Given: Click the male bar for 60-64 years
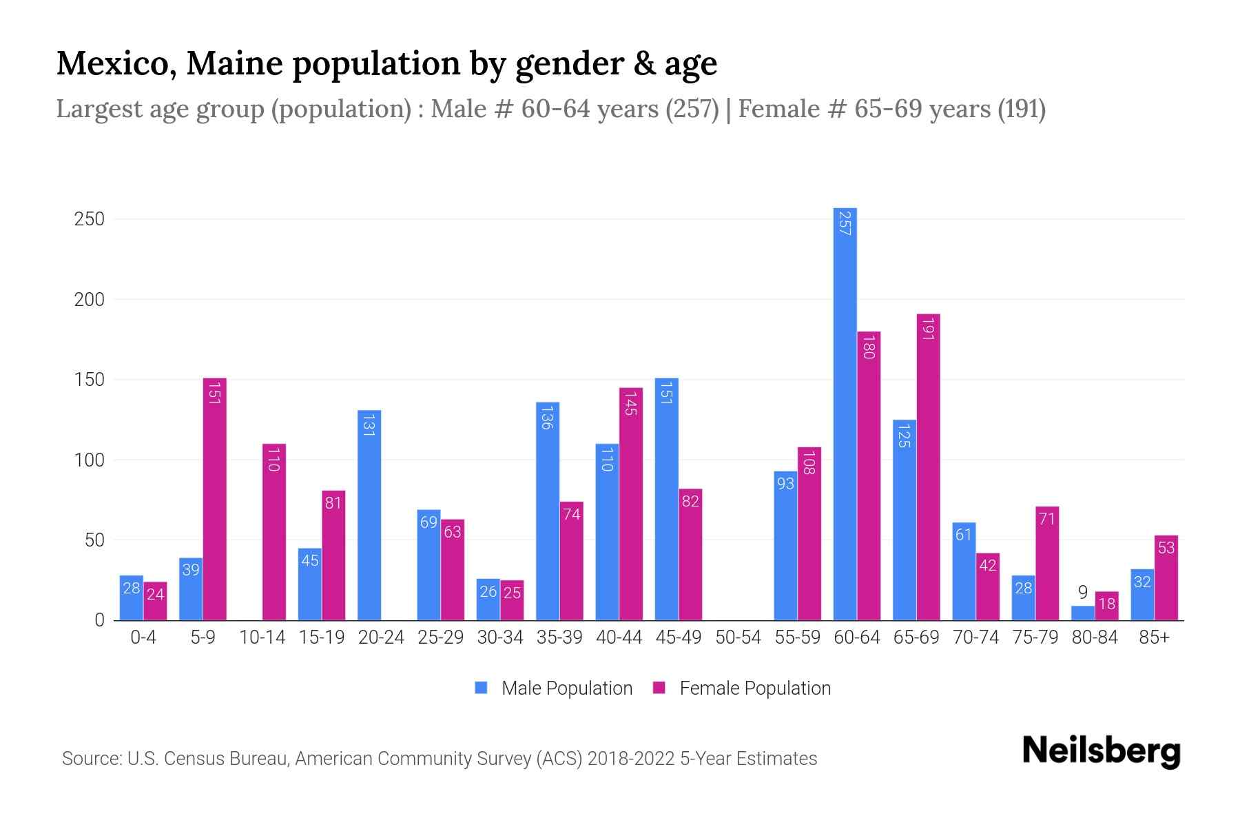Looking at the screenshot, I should click(x=845, y=413).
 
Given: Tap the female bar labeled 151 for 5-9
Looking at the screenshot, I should click(x=214, y=499).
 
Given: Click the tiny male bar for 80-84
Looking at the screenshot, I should click(x=1082, y=613).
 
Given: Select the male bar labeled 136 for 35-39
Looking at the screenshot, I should click(x=548, y=511).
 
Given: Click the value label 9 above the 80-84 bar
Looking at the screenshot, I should click(x=1082, y=593).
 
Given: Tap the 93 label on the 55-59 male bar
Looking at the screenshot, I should click(x=785, y=484).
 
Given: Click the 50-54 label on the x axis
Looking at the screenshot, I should click(x=738, y=637).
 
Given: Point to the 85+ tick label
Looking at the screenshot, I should click(x=1154, y=637).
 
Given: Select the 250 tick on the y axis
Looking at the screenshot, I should click(x=90, y=219).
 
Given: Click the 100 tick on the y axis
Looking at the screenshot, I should click(x=90, y=460).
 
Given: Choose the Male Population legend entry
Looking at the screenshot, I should click(x=566, y=688).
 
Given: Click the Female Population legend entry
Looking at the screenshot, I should click(x=754, y=688).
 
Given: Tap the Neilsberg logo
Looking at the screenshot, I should click(x=1101, y=751).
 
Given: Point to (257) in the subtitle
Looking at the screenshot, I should click(x=692, y=109).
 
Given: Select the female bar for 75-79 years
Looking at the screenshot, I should click(x=1046, y=563).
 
